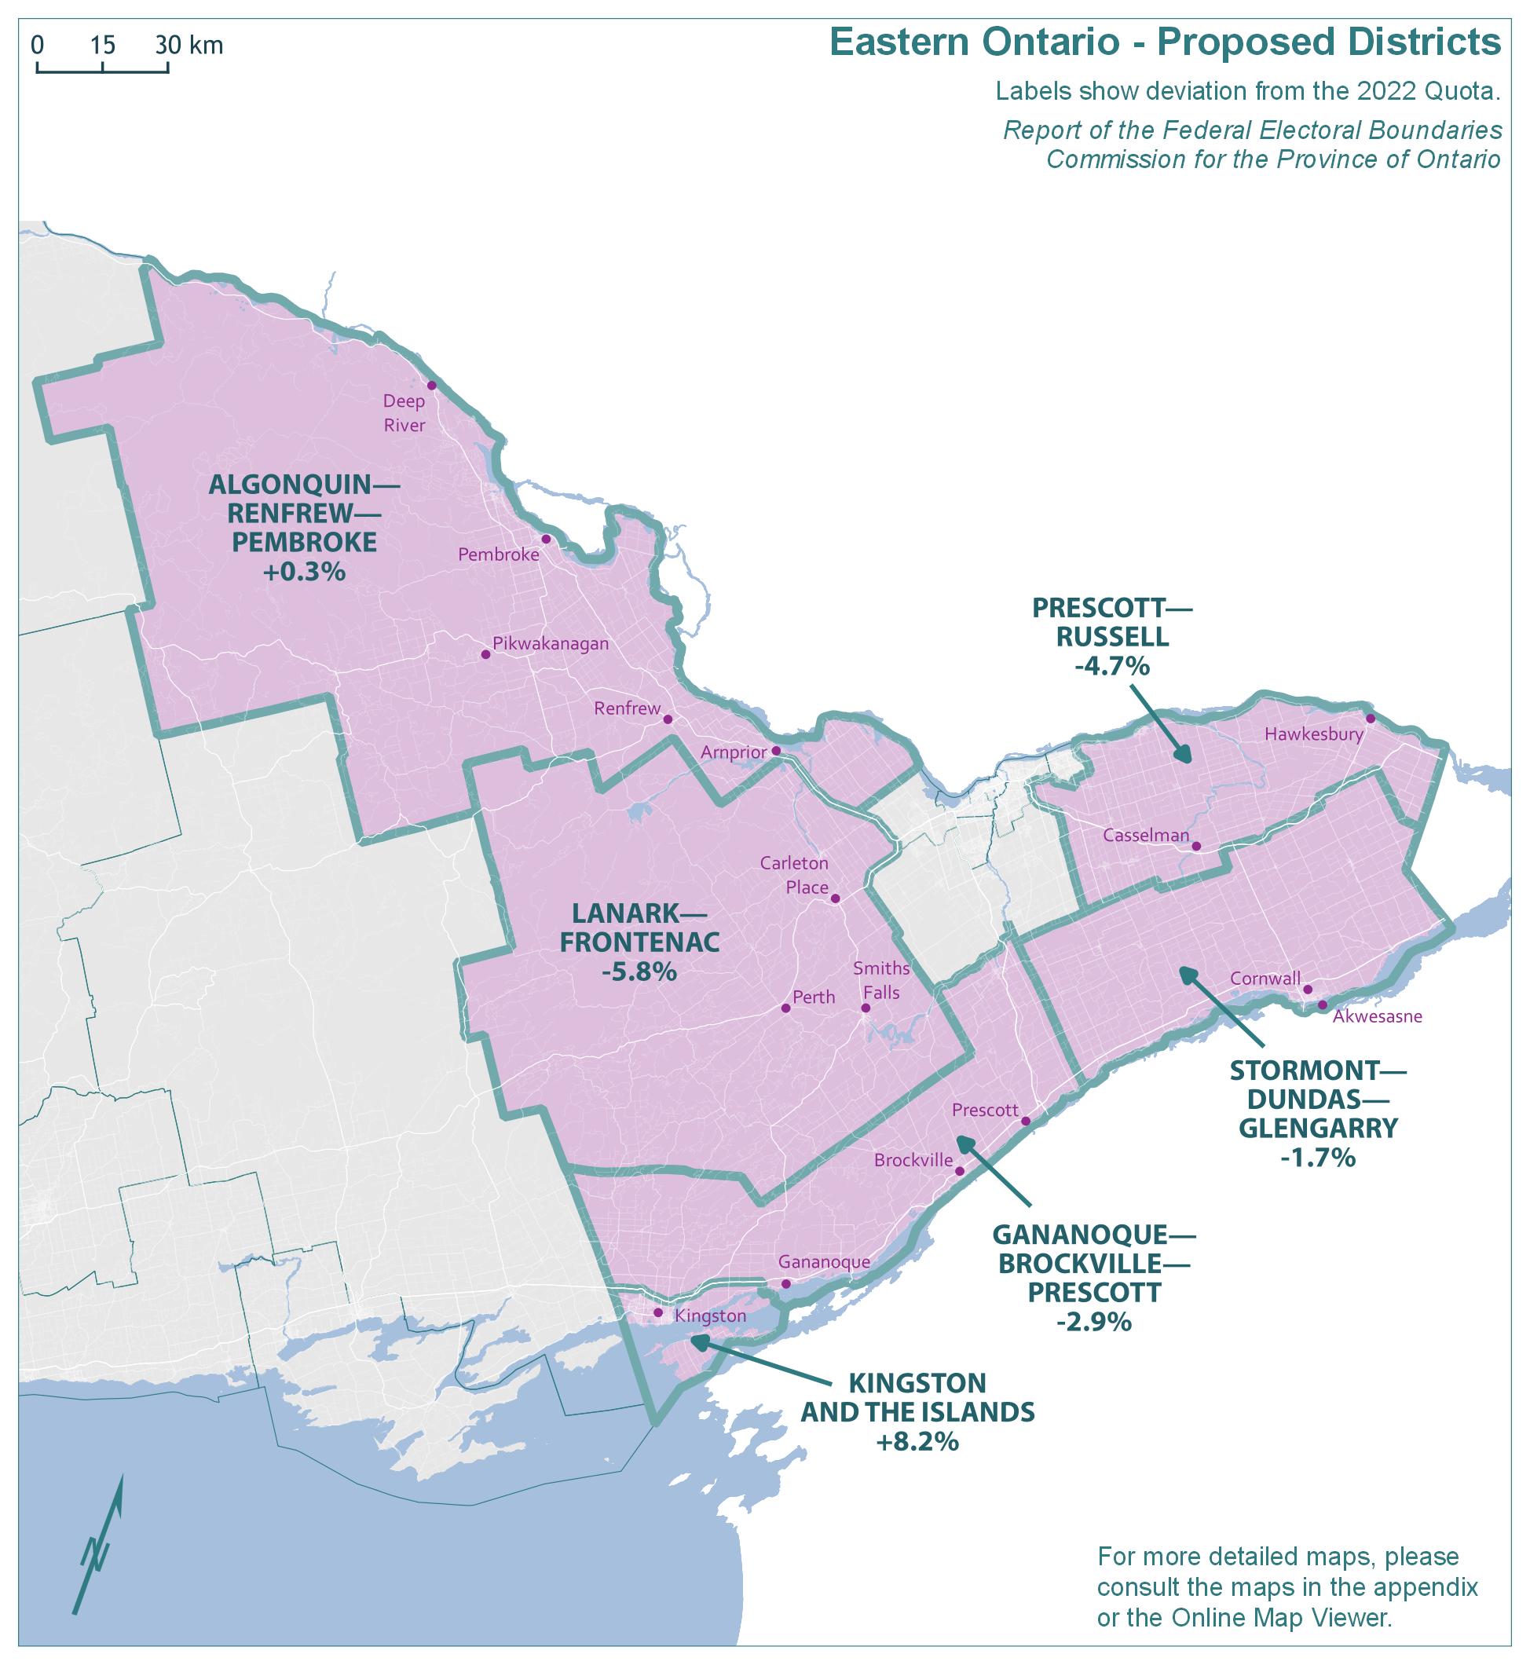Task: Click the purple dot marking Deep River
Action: pos(431,386)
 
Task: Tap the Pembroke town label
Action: pos(499,554)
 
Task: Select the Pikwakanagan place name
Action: pos(551,643)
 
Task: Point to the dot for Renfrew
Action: pos(668,719)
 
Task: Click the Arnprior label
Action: pos(734,752)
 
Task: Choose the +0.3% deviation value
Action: pos(304,571)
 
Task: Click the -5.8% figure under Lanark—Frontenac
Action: pos(639,972)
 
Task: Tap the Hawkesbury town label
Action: pos(1314,734)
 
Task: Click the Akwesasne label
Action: pos(1377,1017)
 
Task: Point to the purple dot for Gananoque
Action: pos(786,1284)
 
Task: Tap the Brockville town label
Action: pos(913,1161)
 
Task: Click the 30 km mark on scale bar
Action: pos(168,46)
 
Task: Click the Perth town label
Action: pos(814,997)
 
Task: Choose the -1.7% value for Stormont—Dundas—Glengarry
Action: pos(1317,1157)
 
